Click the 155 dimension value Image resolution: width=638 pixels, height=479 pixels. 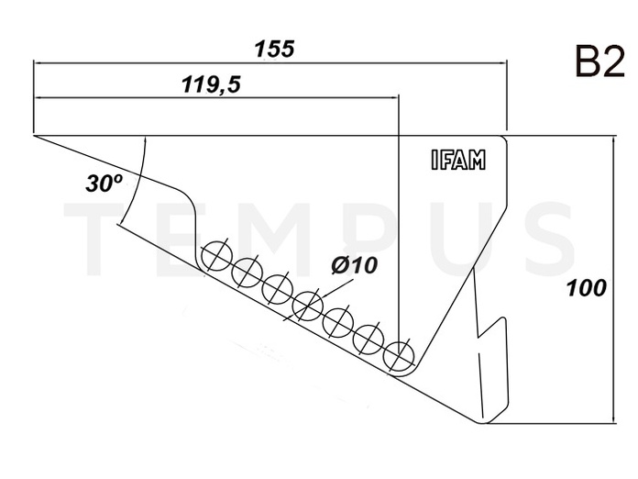[x=274, y=49]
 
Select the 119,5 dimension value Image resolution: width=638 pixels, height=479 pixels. [x=211, y=84]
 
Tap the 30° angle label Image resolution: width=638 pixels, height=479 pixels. [x=104, y=183]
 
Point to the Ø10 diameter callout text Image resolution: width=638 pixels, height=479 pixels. [x=354, y=265]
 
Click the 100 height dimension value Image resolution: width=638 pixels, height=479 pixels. [x=587, y=288]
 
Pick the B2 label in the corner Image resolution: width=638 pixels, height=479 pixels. [x=599, y=61]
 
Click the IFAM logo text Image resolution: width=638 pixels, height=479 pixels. [x=458, y=160]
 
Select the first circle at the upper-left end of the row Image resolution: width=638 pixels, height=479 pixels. [x=216, y=256]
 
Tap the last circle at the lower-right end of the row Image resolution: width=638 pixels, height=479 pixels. [x=399, y=355]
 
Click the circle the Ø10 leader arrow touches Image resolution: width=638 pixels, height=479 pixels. [x=308, y=306]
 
